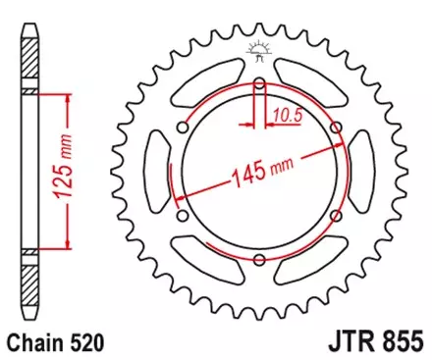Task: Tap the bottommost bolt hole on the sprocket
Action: point(259,259)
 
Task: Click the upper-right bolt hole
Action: point(336,127)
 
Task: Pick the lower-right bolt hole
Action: point(336,215)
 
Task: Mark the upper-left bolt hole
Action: point(183,127)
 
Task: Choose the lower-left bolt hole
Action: point(183,215)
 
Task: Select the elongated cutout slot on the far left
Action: point(154,171)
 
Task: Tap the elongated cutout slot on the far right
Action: point(364,171)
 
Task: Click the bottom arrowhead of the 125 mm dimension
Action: point(66,245)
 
